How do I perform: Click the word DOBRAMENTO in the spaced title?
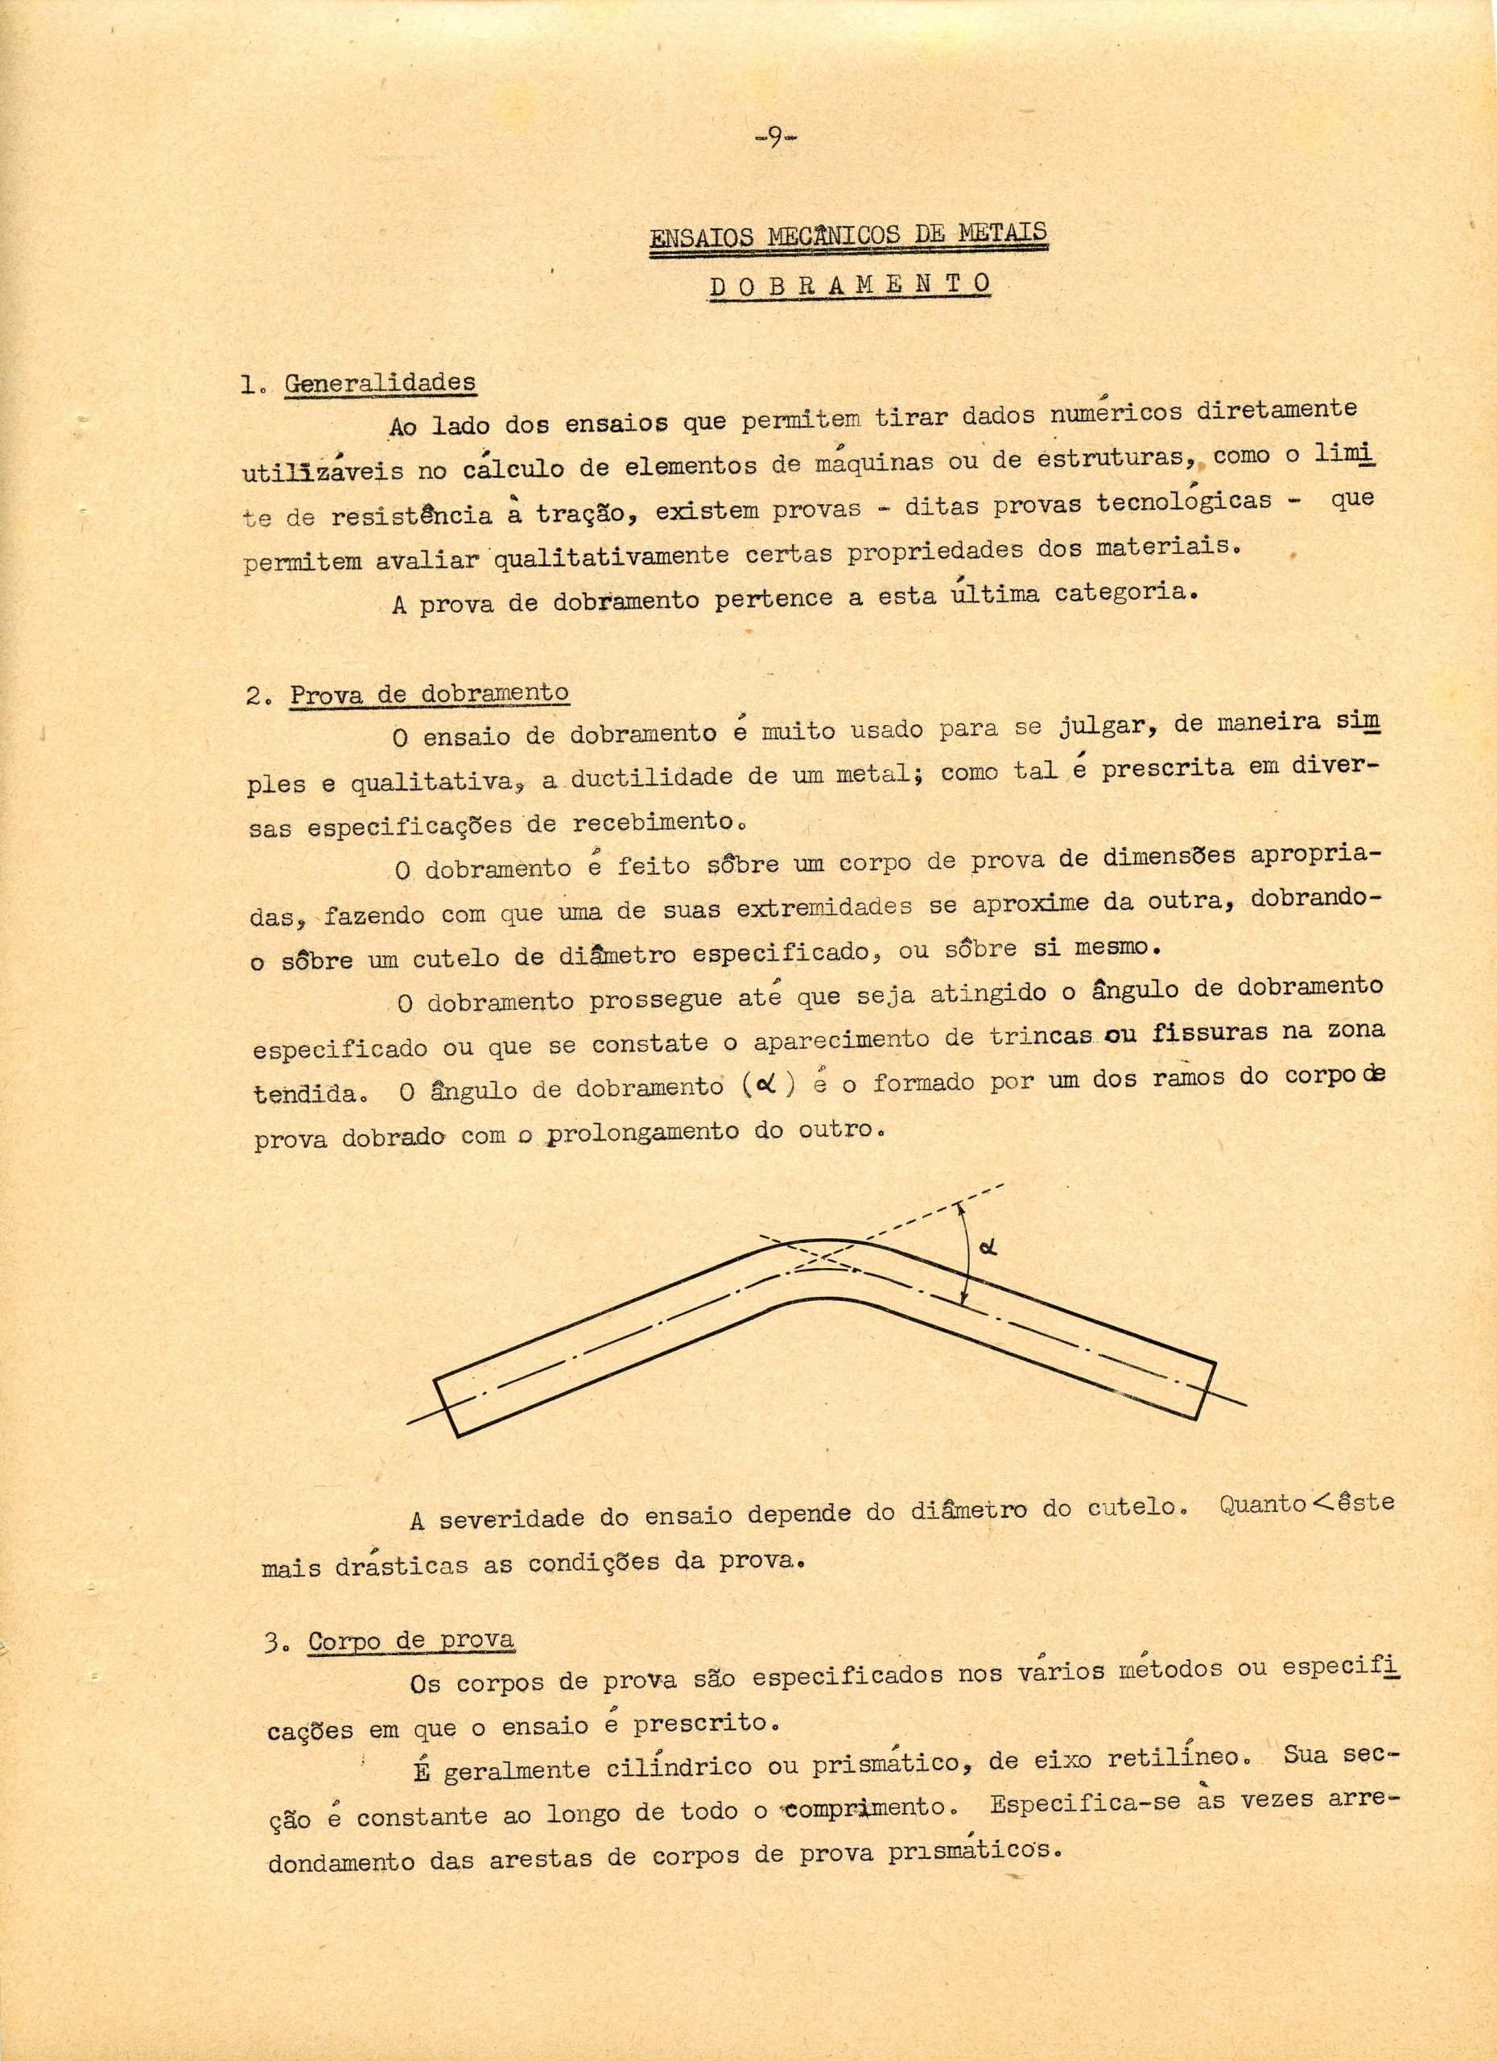848,284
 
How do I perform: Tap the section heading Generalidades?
380,382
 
